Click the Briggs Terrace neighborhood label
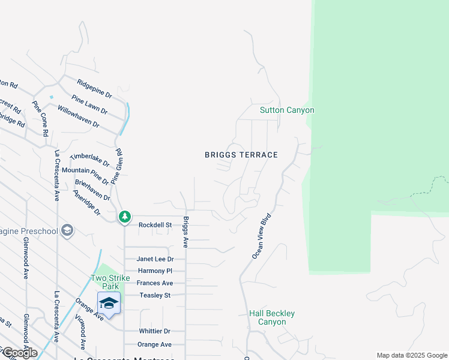pos(241,155)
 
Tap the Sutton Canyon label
pos(287,110)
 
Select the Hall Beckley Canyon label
pos(272,317)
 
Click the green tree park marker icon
pos(124,216)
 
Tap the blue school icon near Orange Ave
pos(109,303)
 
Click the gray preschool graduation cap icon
pos(67,231)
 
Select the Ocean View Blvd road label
pos(262,236)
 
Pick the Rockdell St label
pos(155,225)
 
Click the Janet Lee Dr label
pos(155,259)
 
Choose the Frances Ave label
pos(155,283)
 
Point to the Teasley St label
pos(155,295)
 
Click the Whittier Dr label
pos(154,331)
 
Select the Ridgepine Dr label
pos(95,88)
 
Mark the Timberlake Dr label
pos(90,159)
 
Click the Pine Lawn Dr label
pos(89,104)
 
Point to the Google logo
pos(19,353)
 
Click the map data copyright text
pos(411,355)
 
